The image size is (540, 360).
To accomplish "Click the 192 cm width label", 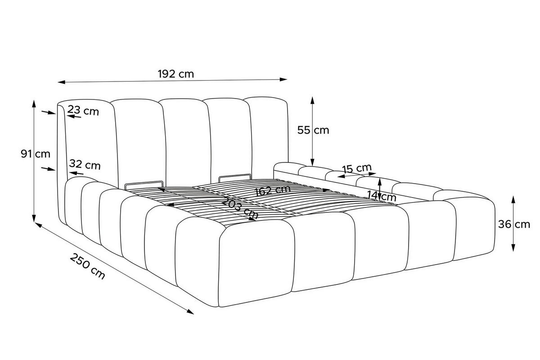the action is pyautogui.click(x=176, y=74).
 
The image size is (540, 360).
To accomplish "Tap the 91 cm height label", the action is pyautogui.click(x=36, y=154).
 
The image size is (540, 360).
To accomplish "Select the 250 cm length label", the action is pyautogui.click(x=87, y=266).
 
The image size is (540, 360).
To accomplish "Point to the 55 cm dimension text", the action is pyautogui.click(x=313, y=130).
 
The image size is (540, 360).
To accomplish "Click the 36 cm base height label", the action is pyautogui.click(x=514, y=225).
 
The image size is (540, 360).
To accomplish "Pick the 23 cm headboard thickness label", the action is pyautogui.click(x=83, y=111).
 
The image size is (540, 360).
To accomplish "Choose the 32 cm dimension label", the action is pyautogui.click(x=85, y=165).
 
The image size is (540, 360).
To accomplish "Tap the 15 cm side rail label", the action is pyautogui.click(x=357, y=168).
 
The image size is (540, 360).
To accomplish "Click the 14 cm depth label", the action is pyautogui.click(x=382, y=196).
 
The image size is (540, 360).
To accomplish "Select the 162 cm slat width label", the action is pyautogui.click(x=272, y=190).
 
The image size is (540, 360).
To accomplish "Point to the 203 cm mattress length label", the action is pyautogui.click(x=239, y=208).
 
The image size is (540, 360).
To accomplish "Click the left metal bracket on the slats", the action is pyautogui.click(x=144, y=186).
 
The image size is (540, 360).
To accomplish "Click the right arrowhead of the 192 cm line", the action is pyautogui.click(x=283, y=79).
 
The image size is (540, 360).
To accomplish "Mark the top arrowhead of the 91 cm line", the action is pyautogui.click(x=34, y=103).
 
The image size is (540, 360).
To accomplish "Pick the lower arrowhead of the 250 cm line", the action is pyautogui.click(x=190, y=312).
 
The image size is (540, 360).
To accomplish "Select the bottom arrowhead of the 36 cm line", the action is pyautogui.click(x=513, y=247).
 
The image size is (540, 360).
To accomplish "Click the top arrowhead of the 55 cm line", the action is pyautogui.click(x=312, y=100).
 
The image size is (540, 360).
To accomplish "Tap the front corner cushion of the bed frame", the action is pyautogui.click(x=257, y=263).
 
